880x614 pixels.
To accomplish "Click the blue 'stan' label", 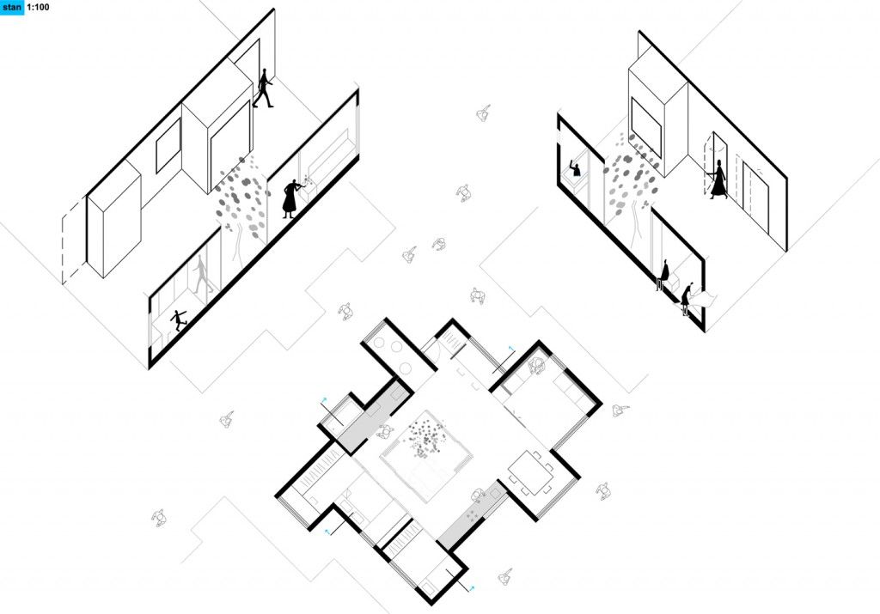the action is pyautogui.click(x=12, y=7).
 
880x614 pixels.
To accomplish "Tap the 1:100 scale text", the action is pyautogui.click(x=38, y=7).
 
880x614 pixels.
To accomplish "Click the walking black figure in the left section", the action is pyautogui.click(x=263, y=88).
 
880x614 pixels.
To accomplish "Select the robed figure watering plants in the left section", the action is pyautogui.click(x=292, y=198).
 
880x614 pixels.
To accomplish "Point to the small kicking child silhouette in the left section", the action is pyautogui.click(x=179, y=319).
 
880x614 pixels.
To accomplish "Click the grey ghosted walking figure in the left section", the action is pyautogui.click(x=203, y=274).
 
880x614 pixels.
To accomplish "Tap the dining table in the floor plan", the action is pyautogui.click(x=531, y=473).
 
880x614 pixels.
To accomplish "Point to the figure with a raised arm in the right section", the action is pyautogui.click(x=575, y=167).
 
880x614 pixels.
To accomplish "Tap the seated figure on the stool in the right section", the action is pyautogui.click(x=663, y=275).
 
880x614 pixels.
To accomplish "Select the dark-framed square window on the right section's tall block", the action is pyautogui.click(x=646, y=128).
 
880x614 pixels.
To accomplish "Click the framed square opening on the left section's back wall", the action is pyautogui.click(x=168, y=145).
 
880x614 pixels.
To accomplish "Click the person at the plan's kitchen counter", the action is pyautogui.click(x=478, y=495).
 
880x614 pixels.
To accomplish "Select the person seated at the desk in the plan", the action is pyautogui.click(x=537, y=366).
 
